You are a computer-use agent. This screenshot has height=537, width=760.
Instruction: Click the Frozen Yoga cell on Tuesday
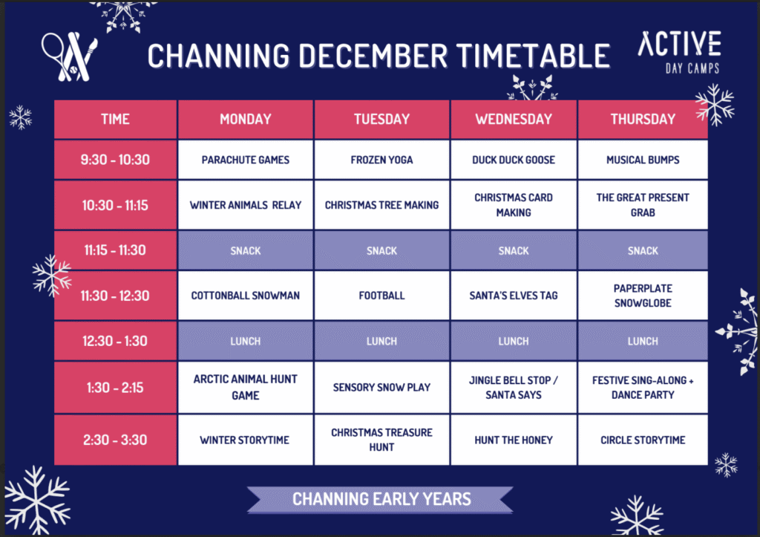[x=381, y=160]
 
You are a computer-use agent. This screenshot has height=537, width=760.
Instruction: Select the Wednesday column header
[x=514, y=119]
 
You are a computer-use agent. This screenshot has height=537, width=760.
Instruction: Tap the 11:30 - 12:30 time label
[x=115, y=296]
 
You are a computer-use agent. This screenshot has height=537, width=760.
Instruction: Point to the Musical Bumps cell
[x=643, y=160]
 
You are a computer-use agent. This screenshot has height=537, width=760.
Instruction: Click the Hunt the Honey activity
[x=514, y=440]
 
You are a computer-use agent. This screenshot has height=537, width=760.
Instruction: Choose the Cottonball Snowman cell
[x=245, y=296]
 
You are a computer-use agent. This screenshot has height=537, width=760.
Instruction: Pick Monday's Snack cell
[x=245, y=250]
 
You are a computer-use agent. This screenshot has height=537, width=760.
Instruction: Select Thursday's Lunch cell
[x=643, y=341]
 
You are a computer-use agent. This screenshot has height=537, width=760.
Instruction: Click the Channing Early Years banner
[x=381, y=499]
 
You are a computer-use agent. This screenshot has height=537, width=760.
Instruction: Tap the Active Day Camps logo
[x=680, y=52]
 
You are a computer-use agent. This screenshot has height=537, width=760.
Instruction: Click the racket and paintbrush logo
[x=69, y=56]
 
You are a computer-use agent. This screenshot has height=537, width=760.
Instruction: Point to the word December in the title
[x=373, y=55]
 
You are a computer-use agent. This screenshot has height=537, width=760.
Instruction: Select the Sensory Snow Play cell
[x=381, y=387]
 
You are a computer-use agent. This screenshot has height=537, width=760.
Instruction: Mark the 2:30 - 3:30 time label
[x=115, y=440]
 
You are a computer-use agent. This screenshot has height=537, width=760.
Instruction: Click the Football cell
[x=381, y=296]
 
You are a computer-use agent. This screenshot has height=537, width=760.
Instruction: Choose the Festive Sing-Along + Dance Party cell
[x=643, y=387]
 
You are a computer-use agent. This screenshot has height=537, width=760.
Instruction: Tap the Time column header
[x=115, y=119]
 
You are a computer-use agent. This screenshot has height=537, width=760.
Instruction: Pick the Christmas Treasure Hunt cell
[x=381, y=440]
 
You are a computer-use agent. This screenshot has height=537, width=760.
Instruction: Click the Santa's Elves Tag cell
[x=514, y=296]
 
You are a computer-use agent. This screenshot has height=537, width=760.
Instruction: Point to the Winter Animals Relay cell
[x=245, y=205]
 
